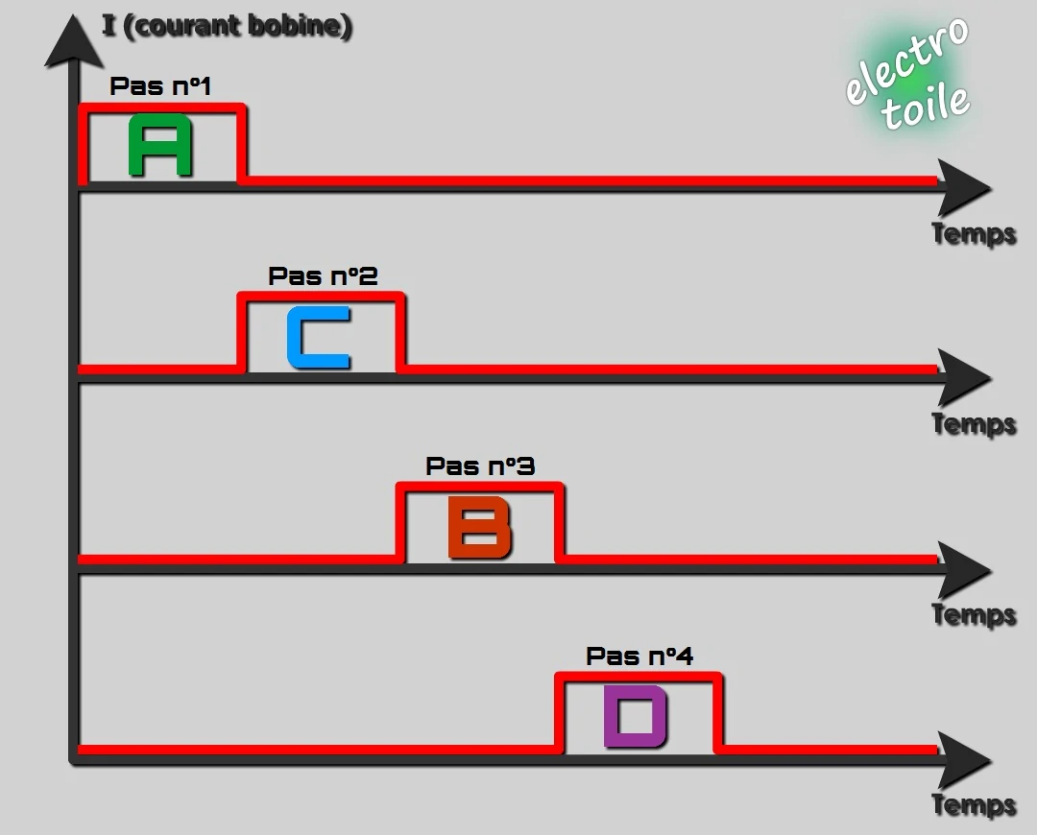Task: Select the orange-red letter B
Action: point(479,528)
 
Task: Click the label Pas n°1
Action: point(160,86)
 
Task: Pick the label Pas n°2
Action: point(323,275)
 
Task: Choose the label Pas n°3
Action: point(480,466)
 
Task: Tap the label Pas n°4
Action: point(639,656)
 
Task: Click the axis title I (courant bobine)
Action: point(227,26)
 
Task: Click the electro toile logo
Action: point(908,73)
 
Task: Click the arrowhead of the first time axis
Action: point(964,188)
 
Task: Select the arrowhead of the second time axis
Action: point(964,378)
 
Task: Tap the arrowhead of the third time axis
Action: point(964,569)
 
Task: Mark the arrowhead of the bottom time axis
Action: point(964,760)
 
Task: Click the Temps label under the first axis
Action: point(974,234)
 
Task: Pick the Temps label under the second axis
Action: point(974,424)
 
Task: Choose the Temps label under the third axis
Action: point(974,615)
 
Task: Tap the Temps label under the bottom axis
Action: point(974,805)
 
